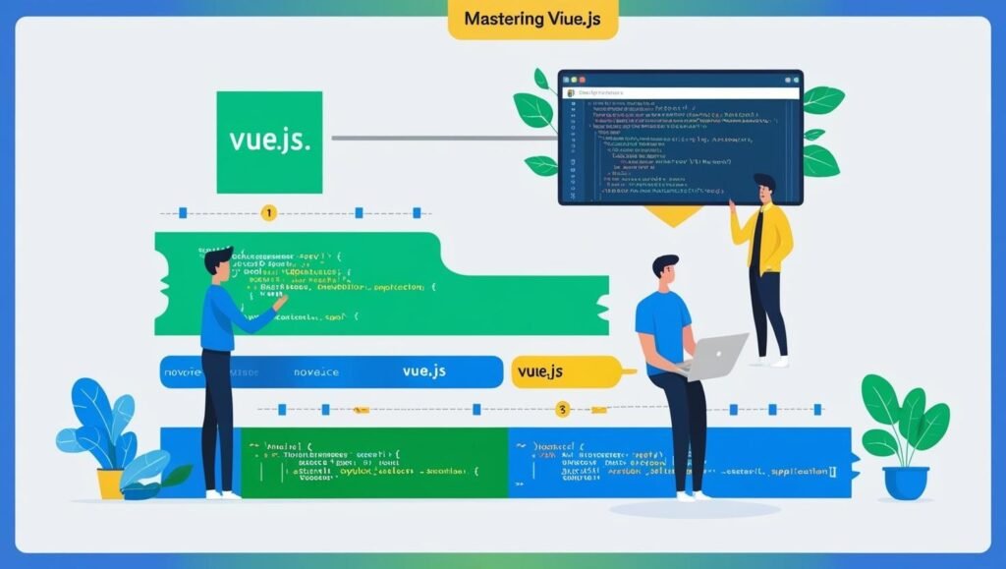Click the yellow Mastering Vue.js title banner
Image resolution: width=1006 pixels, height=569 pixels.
tap(532, 20)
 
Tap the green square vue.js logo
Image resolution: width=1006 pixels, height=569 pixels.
tap(269, 142)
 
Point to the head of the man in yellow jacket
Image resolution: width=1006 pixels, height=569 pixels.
tap(763, 185)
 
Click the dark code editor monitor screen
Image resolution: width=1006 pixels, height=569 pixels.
tap(680, 142)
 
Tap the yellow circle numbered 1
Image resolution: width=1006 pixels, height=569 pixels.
tap(269, 212)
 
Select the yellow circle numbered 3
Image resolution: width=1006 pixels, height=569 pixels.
tap(562, 408)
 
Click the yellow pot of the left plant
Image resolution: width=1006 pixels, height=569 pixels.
tap(110, 483)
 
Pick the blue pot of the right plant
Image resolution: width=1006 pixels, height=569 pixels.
tap(905, 483)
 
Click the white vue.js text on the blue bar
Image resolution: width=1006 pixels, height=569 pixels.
tap(426, 371)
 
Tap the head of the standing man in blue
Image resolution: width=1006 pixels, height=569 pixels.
tap(219, 263)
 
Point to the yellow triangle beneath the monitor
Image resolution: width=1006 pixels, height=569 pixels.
tap(674, 215)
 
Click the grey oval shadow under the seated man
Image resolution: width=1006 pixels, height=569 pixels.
tap(681, 509)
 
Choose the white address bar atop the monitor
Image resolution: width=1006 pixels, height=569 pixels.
tap(680, 91)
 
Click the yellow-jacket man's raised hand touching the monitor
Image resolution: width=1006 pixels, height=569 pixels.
tap(733, 204)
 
